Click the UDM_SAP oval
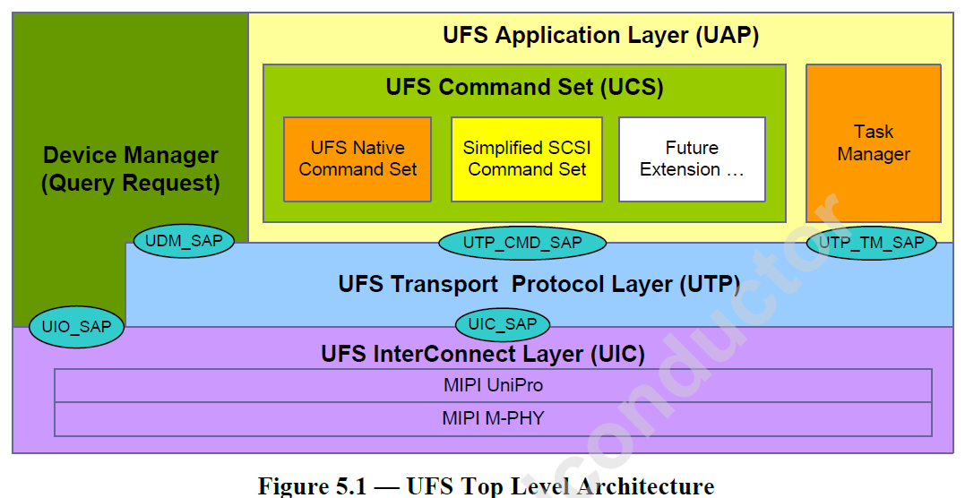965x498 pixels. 184,240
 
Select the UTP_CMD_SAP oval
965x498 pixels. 521,243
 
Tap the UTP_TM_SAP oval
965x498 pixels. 871,243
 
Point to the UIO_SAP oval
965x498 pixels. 76,327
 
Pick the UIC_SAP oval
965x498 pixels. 502,324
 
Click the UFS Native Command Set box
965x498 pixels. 358,159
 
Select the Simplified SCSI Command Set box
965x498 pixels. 526,159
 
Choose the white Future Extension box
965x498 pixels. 692,159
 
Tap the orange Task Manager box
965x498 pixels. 873,143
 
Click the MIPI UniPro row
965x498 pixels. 493,386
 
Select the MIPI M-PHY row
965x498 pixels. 493,418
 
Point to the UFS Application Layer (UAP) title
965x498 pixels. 600,36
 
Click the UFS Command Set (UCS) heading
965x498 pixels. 524,88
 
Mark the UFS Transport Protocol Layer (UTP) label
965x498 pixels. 539,285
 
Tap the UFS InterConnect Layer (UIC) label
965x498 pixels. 483,355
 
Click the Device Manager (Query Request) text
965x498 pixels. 131,169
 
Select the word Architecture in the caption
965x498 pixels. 646,486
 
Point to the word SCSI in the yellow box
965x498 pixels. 570,148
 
